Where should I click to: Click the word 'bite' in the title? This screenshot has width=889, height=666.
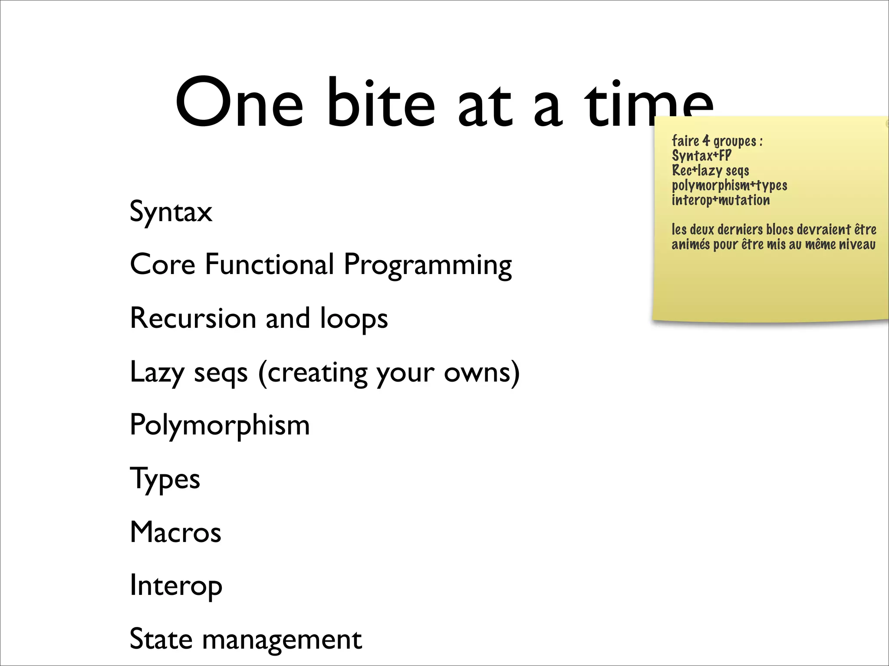click(380, 104)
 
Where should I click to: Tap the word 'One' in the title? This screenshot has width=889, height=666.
click(239, 104)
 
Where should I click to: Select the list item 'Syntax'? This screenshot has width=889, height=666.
click(171, 212)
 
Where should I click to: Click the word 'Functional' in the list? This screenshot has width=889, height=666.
click(269, 264)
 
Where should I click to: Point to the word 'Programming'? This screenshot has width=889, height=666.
click(428, 265)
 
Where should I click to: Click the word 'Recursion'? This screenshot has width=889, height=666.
click(193, 319)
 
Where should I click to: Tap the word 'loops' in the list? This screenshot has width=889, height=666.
click(354, 320)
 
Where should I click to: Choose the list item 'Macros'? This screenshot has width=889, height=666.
click(175, 532)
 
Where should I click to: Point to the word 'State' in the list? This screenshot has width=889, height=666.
click(161, 639)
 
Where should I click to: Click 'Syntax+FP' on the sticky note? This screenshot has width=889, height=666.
click(701, 156)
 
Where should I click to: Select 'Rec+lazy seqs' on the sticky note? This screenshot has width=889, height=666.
click(710, 170)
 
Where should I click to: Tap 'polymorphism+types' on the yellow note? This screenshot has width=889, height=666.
click(729, 186)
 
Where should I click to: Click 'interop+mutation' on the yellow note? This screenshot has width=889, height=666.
click(721, 200)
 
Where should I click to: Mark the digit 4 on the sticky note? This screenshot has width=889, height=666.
click(706, 140)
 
